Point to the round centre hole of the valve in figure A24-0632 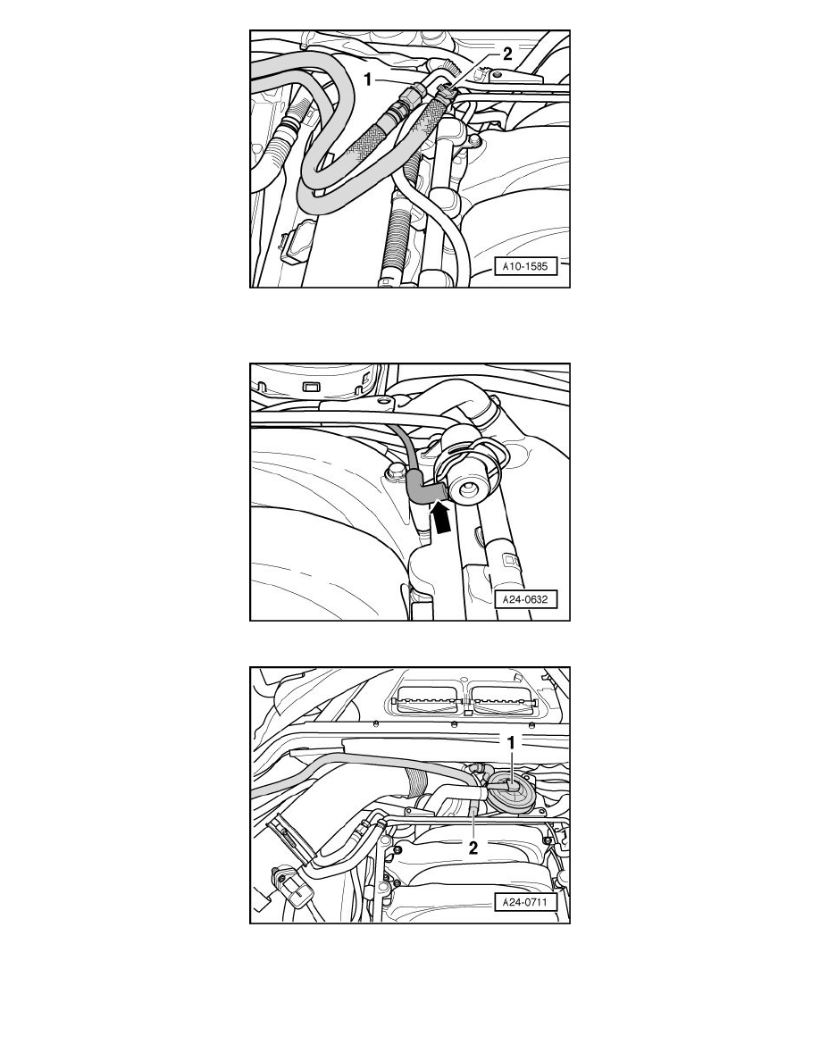pos(469,489)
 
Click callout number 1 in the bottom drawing pos(510,742)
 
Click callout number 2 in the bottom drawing pos(473,848)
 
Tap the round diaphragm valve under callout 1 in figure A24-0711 pos(508,789)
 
